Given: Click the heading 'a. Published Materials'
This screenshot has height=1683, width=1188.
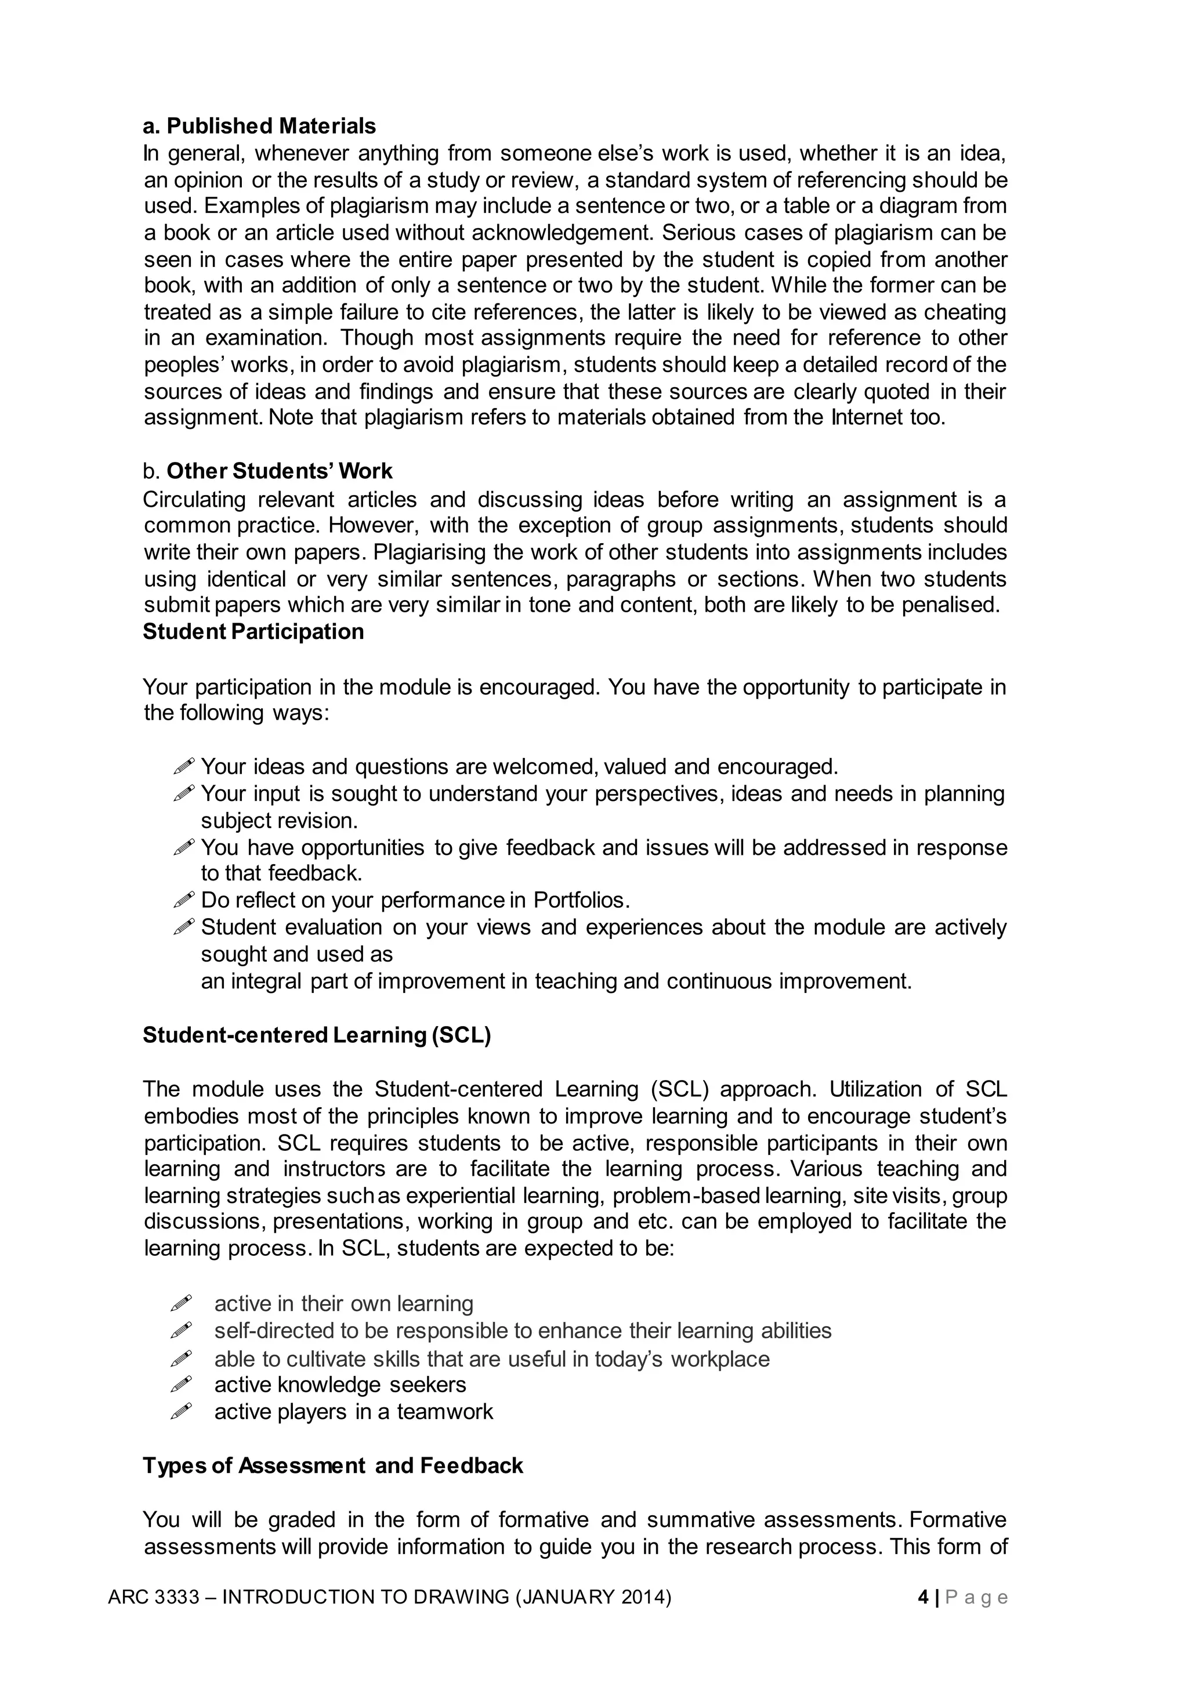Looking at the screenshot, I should pos(259,126).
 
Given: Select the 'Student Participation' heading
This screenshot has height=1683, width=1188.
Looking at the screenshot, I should pos(253,631).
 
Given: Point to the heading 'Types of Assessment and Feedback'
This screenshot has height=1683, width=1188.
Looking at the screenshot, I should pos(333,1465).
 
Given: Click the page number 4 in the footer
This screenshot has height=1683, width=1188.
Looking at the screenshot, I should pos(923,1597).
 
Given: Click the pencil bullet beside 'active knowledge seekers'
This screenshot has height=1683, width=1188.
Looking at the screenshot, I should pos(181,1385).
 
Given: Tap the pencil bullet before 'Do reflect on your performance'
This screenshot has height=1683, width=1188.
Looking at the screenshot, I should pos(184,899).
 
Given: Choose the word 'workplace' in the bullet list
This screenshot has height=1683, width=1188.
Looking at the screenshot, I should pos(720,1359).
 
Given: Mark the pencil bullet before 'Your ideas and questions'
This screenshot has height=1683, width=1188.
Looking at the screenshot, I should pos(184,767).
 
